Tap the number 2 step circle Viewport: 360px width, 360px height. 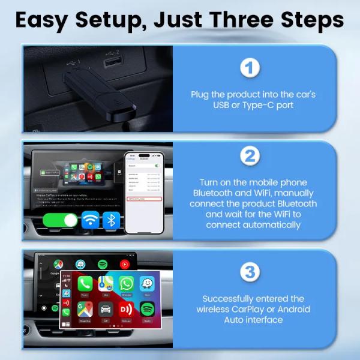(249, 157)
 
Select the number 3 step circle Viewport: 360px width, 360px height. (249, 271)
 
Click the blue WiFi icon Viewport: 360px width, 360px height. (91, 220)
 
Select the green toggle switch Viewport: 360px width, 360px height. (61, 220)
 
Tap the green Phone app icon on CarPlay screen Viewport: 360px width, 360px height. (85, 284)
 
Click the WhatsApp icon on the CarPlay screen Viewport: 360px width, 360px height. (126, 284)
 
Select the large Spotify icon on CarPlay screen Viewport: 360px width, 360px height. (147, 310)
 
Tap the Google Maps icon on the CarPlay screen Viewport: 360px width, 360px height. (85, 310)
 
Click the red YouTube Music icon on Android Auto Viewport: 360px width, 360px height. (125, 263)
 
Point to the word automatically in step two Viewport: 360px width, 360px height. (253, 225)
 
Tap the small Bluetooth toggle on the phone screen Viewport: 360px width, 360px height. (158, 165)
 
